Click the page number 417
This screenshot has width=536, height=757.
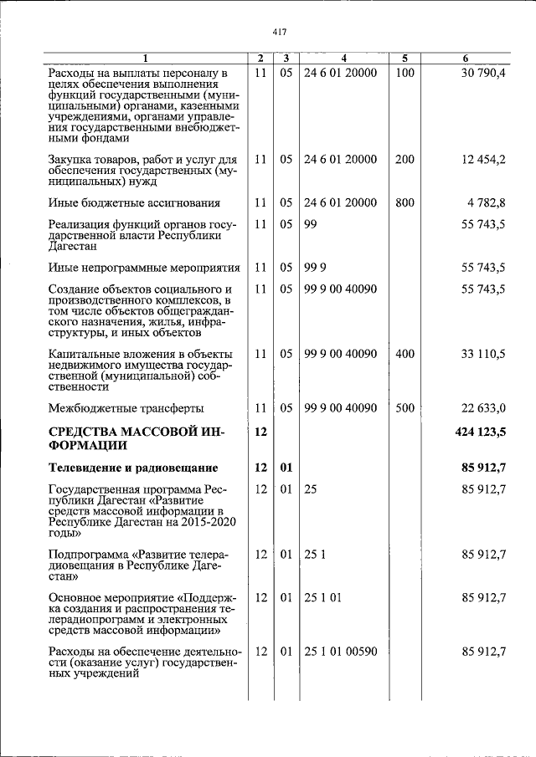pos(280,32)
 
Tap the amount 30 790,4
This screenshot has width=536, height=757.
pos(483,73)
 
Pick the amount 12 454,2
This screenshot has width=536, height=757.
pos(483,159)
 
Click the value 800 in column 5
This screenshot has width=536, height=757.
pos(405,202)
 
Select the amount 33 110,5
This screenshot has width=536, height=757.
pos(483,354)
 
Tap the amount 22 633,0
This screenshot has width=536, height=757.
pos(483,408)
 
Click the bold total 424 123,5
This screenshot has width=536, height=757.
pos(479,431)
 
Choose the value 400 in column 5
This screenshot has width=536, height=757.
pos(405,354)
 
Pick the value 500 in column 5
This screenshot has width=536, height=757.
pos(405,408)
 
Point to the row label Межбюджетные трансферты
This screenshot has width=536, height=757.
pos(126,408)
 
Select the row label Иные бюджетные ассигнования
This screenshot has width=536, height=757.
pos(135,202)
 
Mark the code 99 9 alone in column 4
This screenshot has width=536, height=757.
pos(315,268)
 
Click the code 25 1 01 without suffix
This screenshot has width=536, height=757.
pos(322,597)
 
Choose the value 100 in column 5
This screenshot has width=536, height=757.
pos(405,73)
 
